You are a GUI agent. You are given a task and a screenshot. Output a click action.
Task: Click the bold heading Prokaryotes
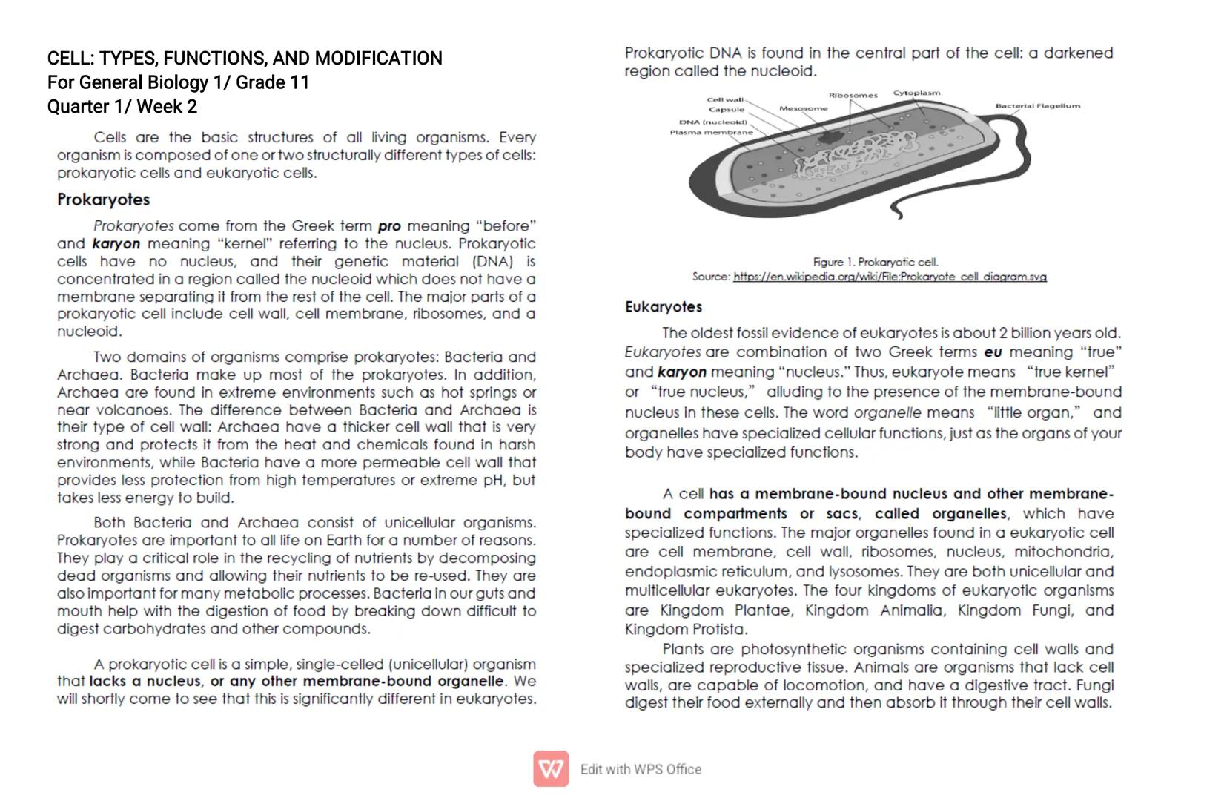click(103, 200)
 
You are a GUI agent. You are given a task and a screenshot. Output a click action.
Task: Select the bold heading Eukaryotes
click(663, 307)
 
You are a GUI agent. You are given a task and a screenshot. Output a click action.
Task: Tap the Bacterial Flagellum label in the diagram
click(1037, 106)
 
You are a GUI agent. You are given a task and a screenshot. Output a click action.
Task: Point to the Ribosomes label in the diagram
click(853, 96)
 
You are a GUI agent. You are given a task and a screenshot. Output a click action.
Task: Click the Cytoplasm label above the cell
click(916, 93)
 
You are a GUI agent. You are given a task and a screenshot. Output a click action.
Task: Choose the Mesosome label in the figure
click(803, 108)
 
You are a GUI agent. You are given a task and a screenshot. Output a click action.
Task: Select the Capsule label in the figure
click(726, 110)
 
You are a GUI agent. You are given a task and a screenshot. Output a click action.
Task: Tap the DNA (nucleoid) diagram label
click(712, 122)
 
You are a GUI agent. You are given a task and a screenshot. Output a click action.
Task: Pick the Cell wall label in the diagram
click(724, 99)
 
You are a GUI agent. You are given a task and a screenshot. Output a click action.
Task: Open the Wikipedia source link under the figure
click(890, 277)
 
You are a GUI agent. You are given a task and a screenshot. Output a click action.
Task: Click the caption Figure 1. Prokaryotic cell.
click(875, 262)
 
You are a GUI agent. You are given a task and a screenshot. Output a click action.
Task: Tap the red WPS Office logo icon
click(551, 769)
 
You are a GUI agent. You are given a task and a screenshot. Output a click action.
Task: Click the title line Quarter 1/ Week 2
click(122, 107)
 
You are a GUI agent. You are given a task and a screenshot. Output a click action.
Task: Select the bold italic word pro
click(388, 226)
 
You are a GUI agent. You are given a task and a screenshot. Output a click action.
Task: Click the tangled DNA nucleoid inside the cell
click(853, 156)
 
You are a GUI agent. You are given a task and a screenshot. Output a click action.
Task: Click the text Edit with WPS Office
click(641, 769)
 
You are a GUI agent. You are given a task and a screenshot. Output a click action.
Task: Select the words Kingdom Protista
click(686, 630)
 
